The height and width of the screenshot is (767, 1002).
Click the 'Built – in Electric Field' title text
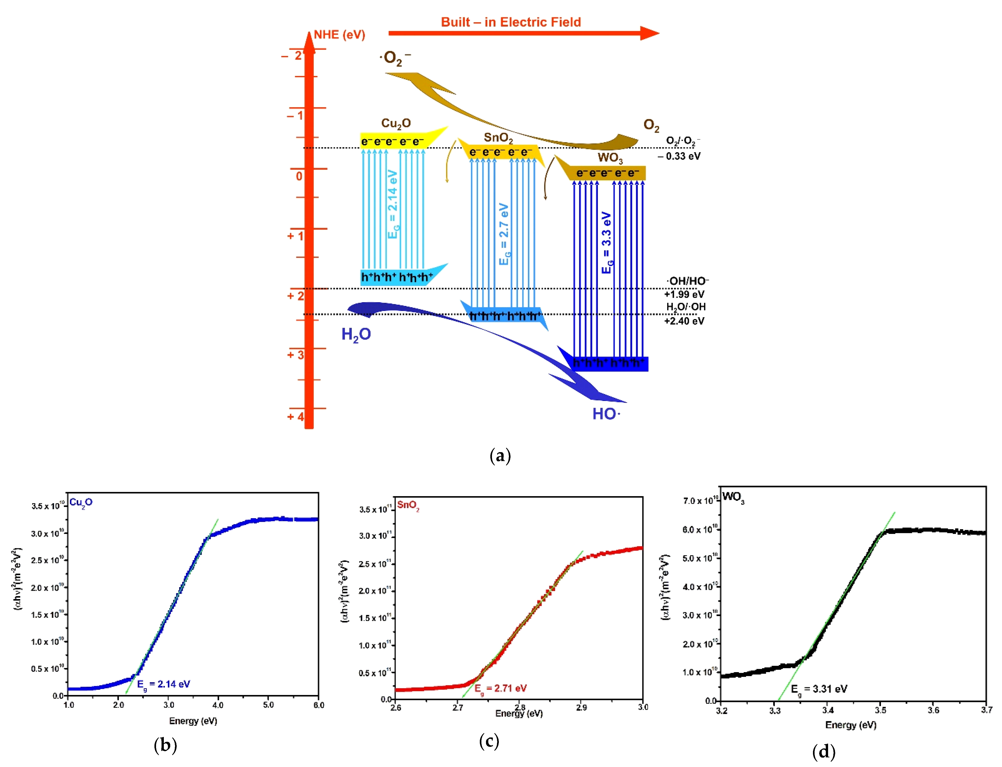tap(510, 22)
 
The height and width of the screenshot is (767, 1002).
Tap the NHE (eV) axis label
tap(339, 35)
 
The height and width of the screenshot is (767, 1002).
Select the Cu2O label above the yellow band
tap(396, 123)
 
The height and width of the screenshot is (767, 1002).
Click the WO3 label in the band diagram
tap(610, 158)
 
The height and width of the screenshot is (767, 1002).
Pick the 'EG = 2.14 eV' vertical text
tap(393, 204)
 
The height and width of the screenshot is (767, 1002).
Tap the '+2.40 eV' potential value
tap(684, 321)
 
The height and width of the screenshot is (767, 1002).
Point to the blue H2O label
tap(356, 335)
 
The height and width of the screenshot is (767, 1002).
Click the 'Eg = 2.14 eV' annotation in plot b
tap(163, 684)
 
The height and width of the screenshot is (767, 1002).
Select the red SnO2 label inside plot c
tap(408, 505)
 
